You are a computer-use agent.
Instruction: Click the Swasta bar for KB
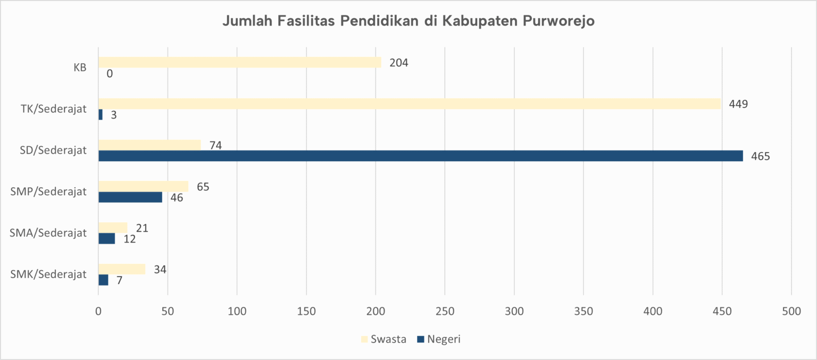tap(239, 62)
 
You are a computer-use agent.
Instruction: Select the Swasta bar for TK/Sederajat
tap(410, 104)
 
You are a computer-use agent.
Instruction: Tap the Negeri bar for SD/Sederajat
tap(420, 156)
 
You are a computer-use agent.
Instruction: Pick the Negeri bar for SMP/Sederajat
tap(130, 197)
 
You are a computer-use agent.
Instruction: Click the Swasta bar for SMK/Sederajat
tap(122, 269)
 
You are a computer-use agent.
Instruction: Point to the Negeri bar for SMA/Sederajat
tap(106, 239)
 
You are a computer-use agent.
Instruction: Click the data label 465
tap(760, 156)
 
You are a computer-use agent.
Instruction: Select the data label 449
tap(738, 104)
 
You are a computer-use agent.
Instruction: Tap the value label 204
tap(398, 63)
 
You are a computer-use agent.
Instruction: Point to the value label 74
tap(215, 145)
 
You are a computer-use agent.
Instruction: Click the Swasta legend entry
tap(384, 339)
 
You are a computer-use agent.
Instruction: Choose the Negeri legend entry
tap(439, 339)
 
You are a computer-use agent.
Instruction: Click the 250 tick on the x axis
tap(445, 312)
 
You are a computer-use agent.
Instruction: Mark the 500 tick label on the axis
tap(791, 312)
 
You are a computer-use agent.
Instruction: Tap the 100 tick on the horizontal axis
tap(237, 312)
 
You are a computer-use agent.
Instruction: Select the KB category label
tap(80, 68)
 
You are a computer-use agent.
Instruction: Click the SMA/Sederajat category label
tap(48, 233)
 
